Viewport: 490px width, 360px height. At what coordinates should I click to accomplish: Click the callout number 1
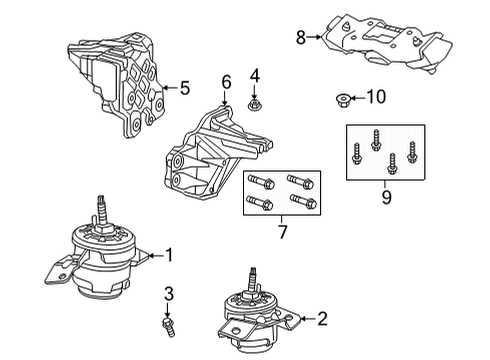pos(169,255)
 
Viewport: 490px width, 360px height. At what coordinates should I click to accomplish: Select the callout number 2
pos(322,319)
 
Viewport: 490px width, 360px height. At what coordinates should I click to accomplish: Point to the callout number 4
pos(254,75)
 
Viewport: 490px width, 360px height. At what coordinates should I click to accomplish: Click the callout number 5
pos(183,88)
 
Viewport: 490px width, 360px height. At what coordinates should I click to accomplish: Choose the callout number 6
pos(226,82)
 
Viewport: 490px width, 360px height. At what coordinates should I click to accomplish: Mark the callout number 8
pos(299,39)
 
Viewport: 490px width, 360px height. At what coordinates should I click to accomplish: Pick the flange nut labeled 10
pos(342,98)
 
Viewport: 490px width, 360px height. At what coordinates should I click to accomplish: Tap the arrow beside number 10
pos(358,97)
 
